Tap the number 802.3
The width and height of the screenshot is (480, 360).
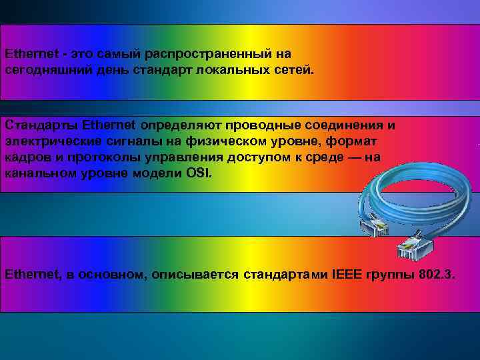tap(437, 274)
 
